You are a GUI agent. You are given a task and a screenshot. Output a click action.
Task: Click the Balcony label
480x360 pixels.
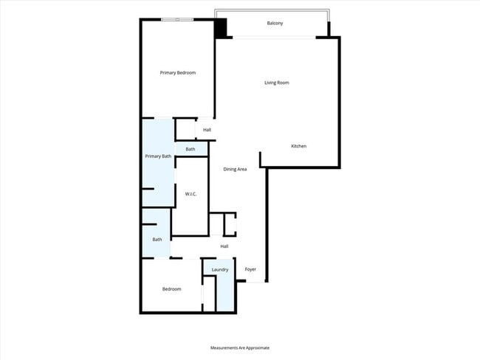click(x=275, y=24)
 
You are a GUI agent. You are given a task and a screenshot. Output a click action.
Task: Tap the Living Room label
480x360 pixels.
click(x=277, y=83)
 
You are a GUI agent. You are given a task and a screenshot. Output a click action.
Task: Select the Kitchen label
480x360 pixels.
click(x=298, y=146)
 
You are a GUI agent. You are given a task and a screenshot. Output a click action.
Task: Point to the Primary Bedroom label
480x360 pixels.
click(x=178, y=72)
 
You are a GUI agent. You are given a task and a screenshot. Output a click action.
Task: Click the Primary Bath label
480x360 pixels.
click(x=158, y=156)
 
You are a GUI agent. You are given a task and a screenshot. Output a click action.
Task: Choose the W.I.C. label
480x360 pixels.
click(x=191, y=194)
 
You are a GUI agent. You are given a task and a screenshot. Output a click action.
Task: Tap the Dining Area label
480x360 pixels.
click(x=236, y=169)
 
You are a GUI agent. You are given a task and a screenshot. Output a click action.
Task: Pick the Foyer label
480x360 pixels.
click(x=250, y=269)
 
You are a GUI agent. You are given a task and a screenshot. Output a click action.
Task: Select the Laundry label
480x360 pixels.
click(x=220, y=269)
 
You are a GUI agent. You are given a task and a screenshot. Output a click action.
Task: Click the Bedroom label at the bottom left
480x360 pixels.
click(x=171, y=289)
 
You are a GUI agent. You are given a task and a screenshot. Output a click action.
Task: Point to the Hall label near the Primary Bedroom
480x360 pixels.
click(x=208, y=130)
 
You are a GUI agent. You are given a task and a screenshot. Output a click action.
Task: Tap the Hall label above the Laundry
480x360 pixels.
click(x=224, y=246)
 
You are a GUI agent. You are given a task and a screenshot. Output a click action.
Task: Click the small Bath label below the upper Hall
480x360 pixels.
click(x=191, y=150)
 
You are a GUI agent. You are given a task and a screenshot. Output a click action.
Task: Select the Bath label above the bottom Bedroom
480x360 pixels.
click(x=157, y=240)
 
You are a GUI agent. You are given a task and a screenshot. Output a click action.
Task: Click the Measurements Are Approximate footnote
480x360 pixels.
click(x=240, y=347)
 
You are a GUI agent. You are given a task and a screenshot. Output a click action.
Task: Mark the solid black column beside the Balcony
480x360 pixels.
click(x=221, y=27)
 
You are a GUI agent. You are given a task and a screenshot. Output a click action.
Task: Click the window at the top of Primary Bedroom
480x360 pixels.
click(x=178, y=19)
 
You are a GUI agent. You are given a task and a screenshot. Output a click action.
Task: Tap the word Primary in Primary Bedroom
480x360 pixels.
click(x=168, y=72)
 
